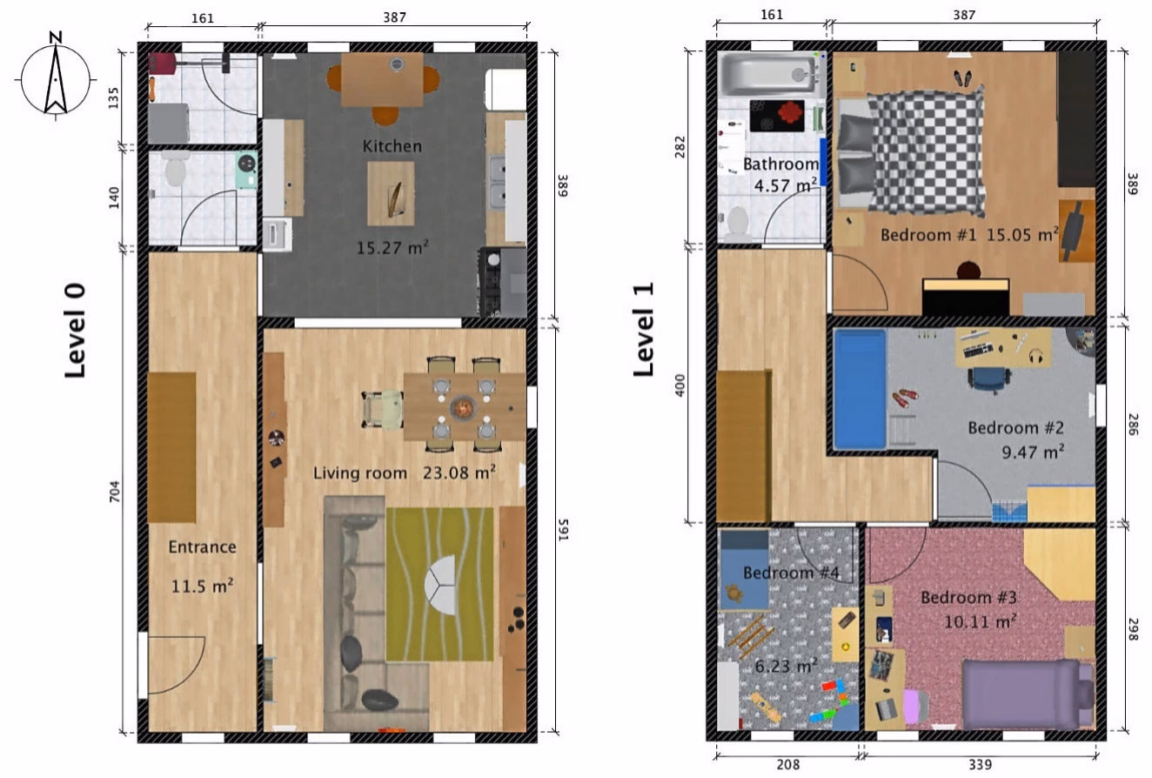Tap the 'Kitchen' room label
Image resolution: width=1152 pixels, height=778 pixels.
click(392, 146)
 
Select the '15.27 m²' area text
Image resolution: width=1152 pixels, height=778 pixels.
click(392, 247)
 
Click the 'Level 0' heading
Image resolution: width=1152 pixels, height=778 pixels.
click(75, 331)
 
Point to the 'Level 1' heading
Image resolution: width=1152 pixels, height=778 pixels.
click(643, 329)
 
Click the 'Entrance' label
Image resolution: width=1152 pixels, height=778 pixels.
click(202, 547)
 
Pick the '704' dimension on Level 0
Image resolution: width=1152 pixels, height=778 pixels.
click(114, 491)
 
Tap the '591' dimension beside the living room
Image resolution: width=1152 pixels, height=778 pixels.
click(564, 530)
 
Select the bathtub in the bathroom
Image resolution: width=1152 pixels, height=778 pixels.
click(767, 75)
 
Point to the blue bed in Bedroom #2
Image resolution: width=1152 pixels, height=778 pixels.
click(860, 389)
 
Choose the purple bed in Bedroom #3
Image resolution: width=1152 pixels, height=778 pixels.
click(1028, 694)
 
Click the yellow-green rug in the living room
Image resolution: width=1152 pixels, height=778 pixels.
click(439, 584)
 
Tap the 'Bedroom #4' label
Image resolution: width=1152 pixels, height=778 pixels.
click(791, 573)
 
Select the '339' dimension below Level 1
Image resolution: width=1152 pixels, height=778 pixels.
click(980, 765)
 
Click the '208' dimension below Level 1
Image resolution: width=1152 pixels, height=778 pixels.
click(787, 765)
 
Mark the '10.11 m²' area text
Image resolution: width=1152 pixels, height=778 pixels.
click(981, 621)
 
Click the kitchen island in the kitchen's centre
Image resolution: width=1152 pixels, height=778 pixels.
click(391, 194)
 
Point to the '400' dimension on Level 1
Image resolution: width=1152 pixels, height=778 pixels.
click(680, 386)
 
